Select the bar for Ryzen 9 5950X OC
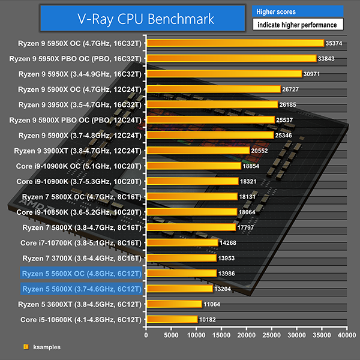[x=234, y=43]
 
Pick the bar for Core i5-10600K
[x=172, y=319]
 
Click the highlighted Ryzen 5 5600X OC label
[x=82, y=273]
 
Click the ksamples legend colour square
[x=25, y=347]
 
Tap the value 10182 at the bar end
[x=208, y=319]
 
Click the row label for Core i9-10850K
[x=79, y=212]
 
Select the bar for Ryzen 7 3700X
[x=181, y=258]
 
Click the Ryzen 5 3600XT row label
[x=81, y=304]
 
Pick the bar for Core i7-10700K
[x=182, y=242]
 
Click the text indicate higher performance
[x=298, y=25]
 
